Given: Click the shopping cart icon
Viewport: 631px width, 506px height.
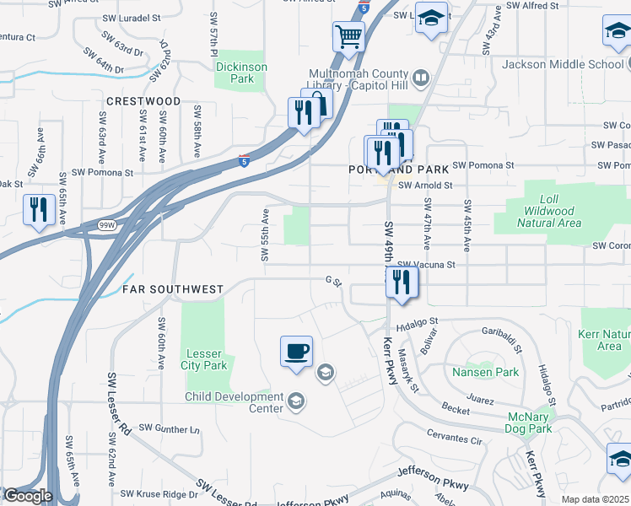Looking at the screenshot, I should click(x=348, y=37).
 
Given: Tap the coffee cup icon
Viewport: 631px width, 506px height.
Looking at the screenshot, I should click(x=296, y=351).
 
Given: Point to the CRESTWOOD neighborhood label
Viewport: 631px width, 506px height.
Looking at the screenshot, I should click(x=143, y=101).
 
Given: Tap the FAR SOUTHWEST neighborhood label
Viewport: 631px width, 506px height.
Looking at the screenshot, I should click(x=173, y=289).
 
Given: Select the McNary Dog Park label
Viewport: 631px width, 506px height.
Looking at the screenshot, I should click(x=529, y=423).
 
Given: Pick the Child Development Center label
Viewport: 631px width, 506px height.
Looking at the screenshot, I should click(x=235, y=403).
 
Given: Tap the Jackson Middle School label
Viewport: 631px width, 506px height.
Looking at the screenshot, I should click(x=562, y=64).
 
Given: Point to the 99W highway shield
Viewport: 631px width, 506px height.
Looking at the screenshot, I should click(x=106, y=225).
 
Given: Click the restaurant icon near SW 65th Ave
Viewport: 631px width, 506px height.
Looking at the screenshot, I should click(x=38, y=211).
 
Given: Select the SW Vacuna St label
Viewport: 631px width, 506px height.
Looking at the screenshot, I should click(x=426, y=264).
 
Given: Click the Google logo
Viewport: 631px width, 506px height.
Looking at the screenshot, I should click(x=28, y=496).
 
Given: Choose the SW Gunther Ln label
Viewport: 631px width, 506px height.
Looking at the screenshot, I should click(x=169, y=428).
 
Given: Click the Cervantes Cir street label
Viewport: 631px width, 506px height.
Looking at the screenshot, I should click(x=453, y=440).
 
